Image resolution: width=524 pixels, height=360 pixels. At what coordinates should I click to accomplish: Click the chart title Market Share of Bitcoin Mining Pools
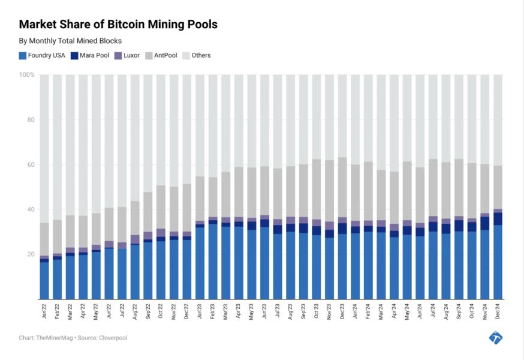click(x=118, y=25)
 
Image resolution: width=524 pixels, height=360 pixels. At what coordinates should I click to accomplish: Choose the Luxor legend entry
click(x=127, y=55)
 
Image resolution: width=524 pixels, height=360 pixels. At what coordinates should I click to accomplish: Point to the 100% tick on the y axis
click(x=27, y=75)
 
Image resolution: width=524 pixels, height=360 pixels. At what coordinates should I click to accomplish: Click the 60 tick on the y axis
click(x=30, y=164)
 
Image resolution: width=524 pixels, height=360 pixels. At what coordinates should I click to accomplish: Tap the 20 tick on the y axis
click(x=30, y=254)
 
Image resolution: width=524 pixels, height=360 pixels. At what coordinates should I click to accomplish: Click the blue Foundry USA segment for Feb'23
click(x=213, y=261)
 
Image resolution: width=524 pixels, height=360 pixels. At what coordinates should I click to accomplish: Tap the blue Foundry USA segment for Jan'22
click(x=44, y=281)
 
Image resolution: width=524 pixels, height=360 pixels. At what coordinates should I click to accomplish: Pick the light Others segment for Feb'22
click(x=57, y=147)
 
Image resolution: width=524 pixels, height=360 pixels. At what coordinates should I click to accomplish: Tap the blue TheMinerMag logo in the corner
click(x=496, y=337)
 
